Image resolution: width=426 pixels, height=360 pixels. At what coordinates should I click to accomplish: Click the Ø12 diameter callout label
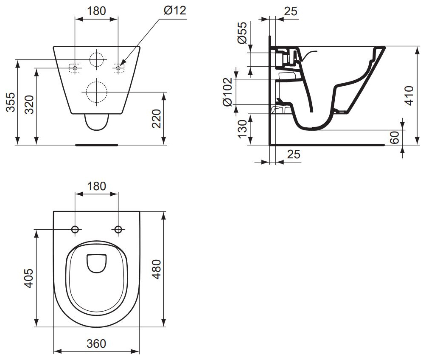(x=174, y=11)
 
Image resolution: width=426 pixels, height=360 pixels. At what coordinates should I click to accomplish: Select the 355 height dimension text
(x=11, y=102)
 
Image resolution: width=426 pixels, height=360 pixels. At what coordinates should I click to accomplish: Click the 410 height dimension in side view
(x=408, y=96)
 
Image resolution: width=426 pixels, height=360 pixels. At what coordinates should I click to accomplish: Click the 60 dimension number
(x=394, y=138)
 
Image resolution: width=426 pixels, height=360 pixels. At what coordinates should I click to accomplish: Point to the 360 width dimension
(x=96, y=343)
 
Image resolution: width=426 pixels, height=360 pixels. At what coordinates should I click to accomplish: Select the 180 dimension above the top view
(x=96, y=186)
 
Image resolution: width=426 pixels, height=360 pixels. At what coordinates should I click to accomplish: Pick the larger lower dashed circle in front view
(x=96, y=91)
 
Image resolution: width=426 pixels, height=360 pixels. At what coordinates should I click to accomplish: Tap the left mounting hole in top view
(x=76, y=230)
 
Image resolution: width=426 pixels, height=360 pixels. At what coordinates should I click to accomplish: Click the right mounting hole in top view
(x=118, y=230)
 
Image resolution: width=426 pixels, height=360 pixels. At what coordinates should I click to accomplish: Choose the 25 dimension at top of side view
(x=290, y=11)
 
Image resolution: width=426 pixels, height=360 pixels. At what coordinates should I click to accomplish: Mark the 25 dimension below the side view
(x=293, y=155)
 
